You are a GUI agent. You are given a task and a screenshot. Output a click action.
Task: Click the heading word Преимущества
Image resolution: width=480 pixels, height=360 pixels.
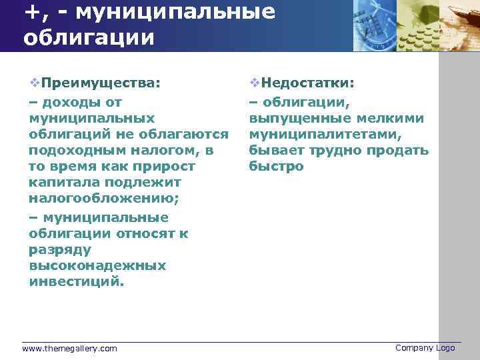click(x=100, y=83)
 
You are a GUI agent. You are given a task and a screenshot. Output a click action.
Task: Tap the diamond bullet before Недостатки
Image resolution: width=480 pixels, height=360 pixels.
click(x=254, y=83)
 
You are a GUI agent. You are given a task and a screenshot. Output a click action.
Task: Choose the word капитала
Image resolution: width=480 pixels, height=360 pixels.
click(x=61, y=183)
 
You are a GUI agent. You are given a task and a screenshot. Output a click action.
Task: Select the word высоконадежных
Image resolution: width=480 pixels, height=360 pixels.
click(x=97, y=265)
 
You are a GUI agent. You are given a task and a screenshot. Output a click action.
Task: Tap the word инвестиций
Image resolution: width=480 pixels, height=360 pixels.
click(x=76, y=281)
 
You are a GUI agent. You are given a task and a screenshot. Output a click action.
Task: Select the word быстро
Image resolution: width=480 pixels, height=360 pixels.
click(x=276, y=167)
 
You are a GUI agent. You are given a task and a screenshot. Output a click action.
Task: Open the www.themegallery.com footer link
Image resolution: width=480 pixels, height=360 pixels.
click(x=69, y=349)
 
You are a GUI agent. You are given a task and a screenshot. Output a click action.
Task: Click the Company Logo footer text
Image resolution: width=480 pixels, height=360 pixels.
click(x=425, y=348)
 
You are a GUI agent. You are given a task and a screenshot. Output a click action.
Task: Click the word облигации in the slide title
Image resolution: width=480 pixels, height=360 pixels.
click(x=88, y=36)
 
